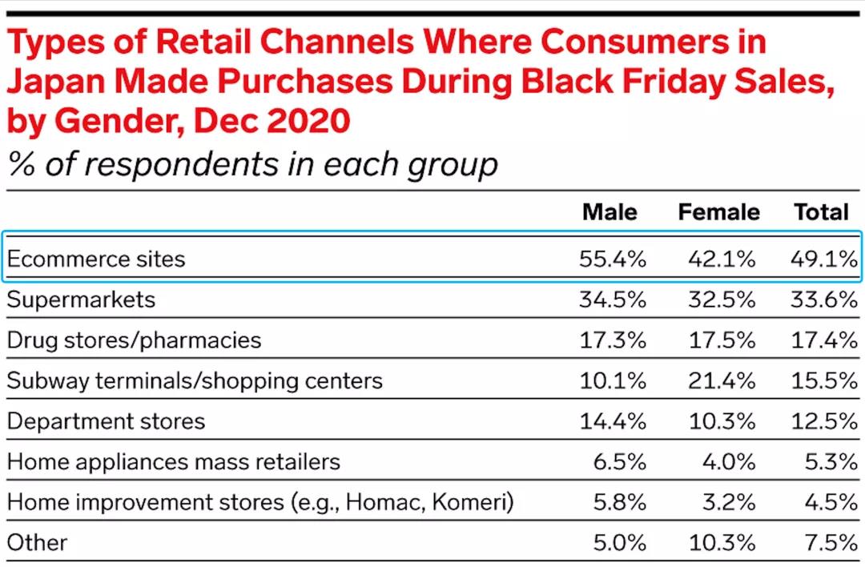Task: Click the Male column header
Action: point(610,212)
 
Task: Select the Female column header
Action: point(718,212)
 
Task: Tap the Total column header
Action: point(820,212)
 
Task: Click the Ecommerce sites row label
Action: point(96,259)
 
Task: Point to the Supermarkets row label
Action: point(81,300)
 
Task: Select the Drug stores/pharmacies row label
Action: point(134,340)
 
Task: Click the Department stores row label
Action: point(106,421)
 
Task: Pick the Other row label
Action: point(37,543)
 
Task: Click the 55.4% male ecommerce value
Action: point(613,259)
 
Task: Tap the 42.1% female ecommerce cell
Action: point(722,259)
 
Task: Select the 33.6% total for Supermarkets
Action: point(825,300)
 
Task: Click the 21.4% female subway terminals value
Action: point(722,380)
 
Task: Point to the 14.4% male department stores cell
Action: point(613,421)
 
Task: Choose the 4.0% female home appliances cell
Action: point(727,462)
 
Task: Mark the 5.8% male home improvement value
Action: point(618,502)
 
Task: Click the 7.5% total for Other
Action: point(831,543)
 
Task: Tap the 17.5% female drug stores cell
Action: point(722,340)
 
